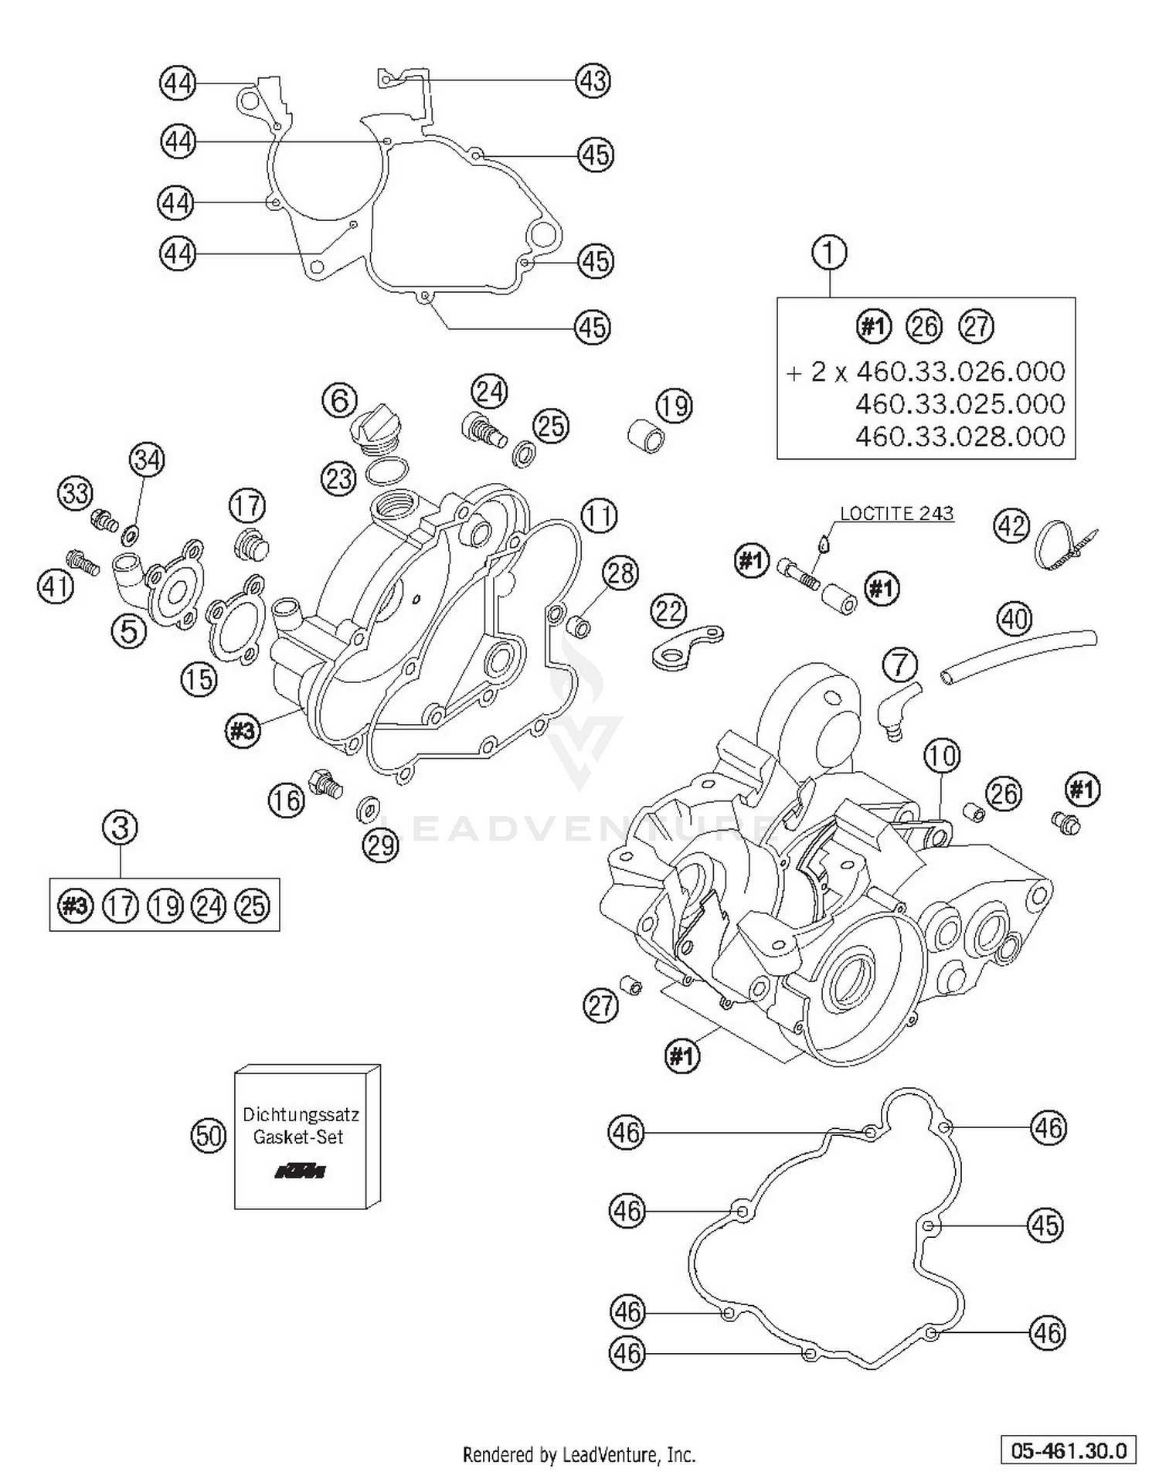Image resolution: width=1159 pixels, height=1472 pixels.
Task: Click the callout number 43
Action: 593,80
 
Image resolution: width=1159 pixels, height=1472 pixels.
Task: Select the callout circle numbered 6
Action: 339,400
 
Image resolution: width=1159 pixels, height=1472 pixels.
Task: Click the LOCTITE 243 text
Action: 896,514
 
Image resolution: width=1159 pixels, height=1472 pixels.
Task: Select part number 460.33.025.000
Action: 960,404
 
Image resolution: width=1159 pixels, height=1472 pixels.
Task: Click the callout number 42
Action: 1011,526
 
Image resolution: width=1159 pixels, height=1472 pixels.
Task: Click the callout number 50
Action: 208,1136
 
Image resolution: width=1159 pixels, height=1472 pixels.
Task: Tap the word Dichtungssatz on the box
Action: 301,1115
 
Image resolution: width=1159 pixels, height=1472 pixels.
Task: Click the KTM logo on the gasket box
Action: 301,1172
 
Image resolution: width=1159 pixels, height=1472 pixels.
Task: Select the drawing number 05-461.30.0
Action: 1068,1450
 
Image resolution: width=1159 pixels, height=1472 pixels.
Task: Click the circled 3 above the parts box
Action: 120,828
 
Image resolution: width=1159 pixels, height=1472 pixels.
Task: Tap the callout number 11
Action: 599,515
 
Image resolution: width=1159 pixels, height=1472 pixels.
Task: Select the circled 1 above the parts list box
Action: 829,253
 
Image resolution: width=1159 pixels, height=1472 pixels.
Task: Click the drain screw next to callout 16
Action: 325,782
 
